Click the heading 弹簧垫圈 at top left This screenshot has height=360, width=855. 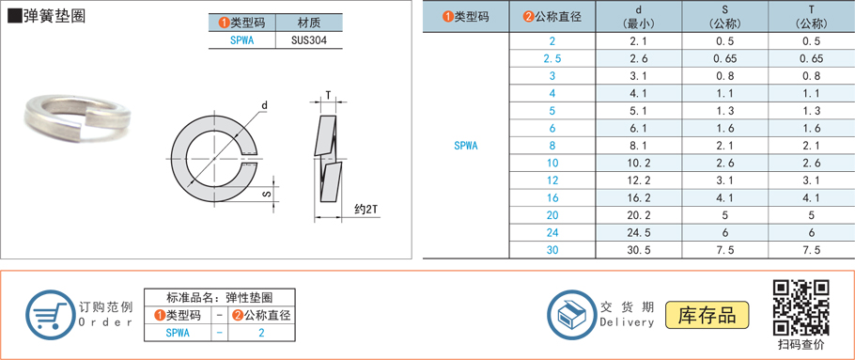pos(54,17)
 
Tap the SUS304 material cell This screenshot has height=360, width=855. pos(309,40)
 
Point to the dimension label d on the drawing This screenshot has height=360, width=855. pos(265,105)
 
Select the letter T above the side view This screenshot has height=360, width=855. pos(328,94)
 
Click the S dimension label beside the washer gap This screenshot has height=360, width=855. pos(266,195)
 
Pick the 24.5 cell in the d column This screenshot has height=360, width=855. pos(638,232)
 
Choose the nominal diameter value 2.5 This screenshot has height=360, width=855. pos(552,58)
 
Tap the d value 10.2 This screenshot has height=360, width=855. pos(638,163)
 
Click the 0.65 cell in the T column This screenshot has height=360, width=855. pos(811,58)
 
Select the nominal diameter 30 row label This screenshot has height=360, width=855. pos(552,250)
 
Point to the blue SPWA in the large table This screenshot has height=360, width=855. pos(465,146)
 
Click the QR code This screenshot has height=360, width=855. pos(801,307)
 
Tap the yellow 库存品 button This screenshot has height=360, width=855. pos(707,315)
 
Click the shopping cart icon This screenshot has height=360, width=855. pos(48,314)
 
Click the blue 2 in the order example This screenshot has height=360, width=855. pos(261,332)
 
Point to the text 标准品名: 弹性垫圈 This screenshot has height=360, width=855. pos(218,296)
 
